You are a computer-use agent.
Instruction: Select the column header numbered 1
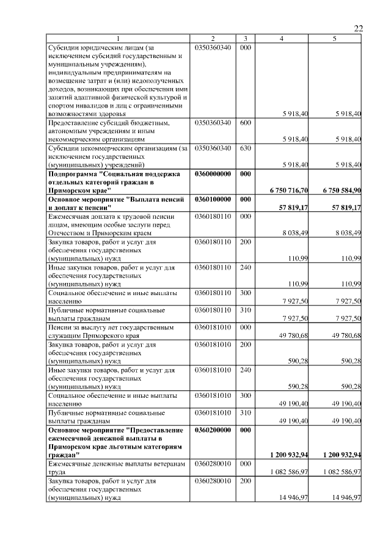click(x=119, y=38)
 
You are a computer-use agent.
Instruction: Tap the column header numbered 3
click(x=245, y=38)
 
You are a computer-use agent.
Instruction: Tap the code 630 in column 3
click(x=245, y=148)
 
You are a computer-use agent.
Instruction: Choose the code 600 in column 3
click(x=245, y=123)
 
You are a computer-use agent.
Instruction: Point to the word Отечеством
click(x=68, y=233)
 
